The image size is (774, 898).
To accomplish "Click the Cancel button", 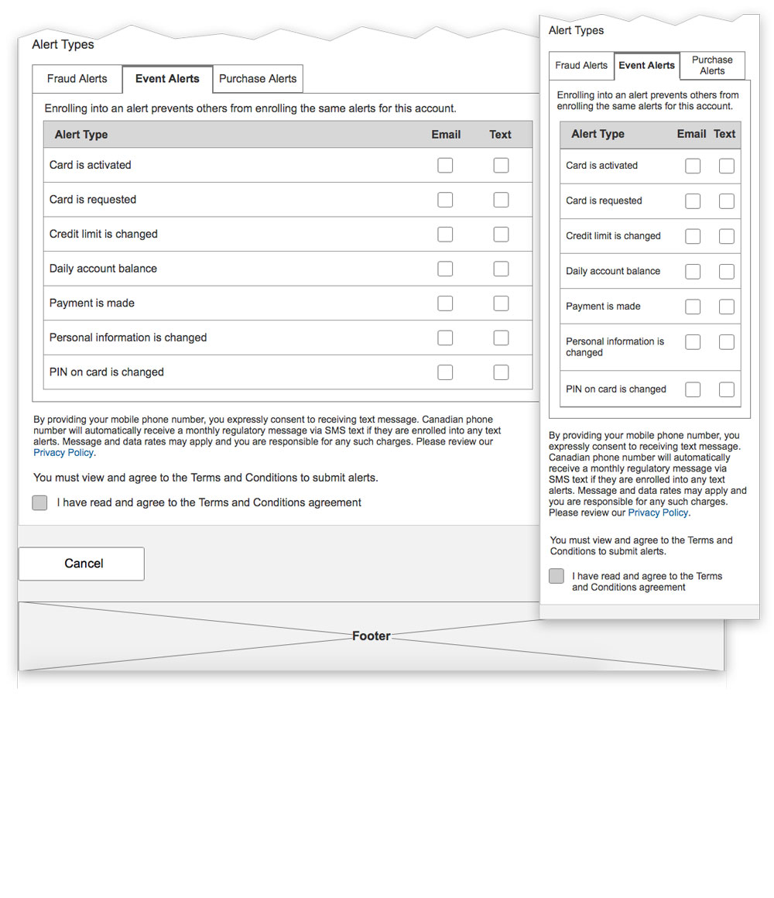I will pos(81,564).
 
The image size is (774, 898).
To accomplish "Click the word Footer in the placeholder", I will pos(372,636).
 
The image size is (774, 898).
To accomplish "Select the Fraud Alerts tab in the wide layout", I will pos(77,79).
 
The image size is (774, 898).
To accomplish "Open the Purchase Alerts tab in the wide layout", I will pos(258,79).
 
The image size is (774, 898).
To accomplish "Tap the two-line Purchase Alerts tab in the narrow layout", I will pos(712,66).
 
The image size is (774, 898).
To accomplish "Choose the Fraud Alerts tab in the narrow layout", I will pos(581,66).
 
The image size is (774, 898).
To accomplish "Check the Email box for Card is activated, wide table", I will pos(445,165).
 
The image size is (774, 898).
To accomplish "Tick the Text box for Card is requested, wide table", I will pos(501,200).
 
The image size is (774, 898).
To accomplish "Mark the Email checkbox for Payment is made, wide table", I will pos(445,303).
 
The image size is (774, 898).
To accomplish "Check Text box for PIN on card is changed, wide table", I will pos(501,372).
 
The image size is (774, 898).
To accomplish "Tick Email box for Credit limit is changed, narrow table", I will pos(693,236).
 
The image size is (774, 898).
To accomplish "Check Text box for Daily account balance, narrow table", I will pos(726,272).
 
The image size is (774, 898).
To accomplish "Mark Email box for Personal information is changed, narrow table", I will pos(693,342).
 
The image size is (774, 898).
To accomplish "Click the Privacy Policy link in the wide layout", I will pos(63,453).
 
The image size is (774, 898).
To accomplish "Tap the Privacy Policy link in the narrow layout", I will pos(658,512).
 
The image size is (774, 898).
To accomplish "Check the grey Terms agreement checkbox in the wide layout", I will pos(39,503).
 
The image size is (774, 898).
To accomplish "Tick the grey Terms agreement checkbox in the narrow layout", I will pos(557,576).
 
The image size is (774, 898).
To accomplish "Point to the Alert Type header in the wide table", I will pos(81,135).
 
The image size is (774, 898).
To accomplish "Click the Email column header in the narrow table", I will pos(691,134).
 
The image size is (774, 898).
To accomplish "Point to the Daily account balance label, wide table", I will pos(103,269).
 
